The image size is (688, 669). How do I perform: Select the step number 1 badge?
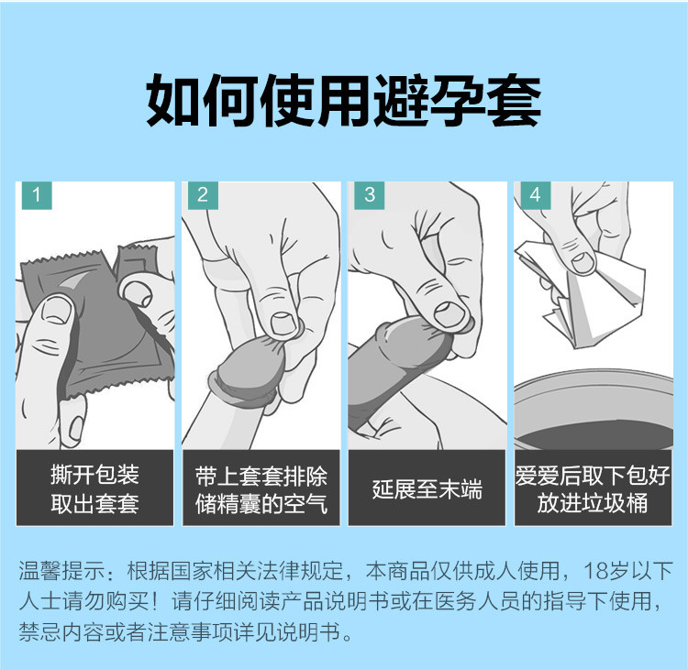(x=36, y=194)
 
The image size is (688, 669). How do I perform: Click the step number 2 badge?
(x=203, y=194)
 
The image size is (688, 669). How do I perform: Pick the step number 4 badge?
(x=535, y=194)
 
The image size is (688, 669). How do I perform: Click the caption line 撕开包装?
(x=94, y=475)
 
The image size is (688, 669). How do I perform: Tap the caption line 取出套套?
(x=94, y=504)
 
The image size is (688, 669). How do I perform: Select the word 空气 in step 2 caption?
(x=306, y=504)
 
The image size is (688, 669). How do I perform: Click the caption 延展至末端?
(x=427, y=488)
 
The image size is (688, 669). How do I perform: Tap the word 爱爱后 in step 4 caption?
(x=548, y=475)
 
